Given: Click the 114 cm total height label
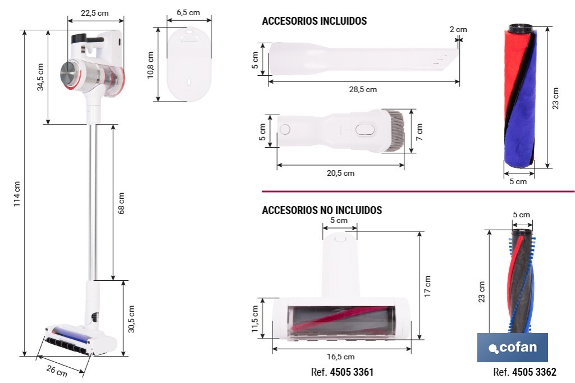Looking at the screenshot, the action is (17, 194).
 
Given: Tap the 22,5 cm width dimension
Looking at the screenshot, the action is (94, 13).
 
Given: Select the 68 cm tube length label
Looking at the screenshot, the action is (121, 203).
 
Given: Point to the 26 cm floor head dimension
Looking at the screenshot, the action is (57, 371).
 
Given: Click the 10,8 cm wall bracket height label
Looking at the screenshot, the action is (150, 65).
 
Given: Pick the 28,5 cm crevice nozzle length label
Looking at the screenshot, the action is (363, 89).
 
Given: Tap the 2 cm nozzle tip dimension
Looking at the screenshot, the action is (458, 29).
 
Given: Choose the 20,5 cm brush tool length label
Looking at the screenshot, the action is (341, 173).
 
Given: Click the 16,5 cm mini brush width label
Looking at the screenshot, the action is (341, 357).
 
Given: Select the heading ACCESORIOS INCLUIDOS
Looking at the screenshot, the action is (314, 21).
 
